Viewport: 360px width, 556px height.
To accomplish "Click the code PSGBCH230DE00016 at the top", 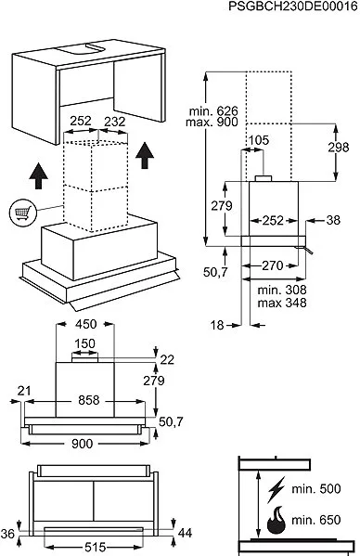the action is pyautogui.click(x=293, y=6).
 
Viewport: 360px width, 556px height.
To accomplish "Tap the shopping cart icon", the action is pyautogui.click(x=23, y=213).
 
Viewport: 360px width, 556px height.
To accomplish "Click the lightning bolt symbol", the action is pyautogui.click(x=276, y=490).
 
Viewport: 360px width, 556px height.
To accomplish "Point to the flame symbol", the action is pyautogui.click(x=276, y=520).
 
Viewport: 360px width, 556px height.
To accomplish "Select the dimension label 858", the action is pyautogui.click(x=88, y=400).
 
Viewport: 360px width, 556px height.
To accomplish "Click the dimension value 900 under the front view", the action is pyautogui.click(x=82, y=444).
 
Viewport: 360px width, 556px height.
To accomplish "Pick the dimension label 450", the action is pyautogui.click(x=85, y=324).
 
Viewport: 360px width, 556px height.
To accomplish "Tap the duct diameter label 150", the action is pyautogui.click(x=85, y=343).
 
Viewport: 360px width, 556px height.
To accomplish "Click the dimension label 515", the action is pyautogui.click(x=96, y=548).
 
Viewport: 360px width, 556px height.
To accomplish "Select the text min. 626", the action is pyautogui.click(x=213, y=111).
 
